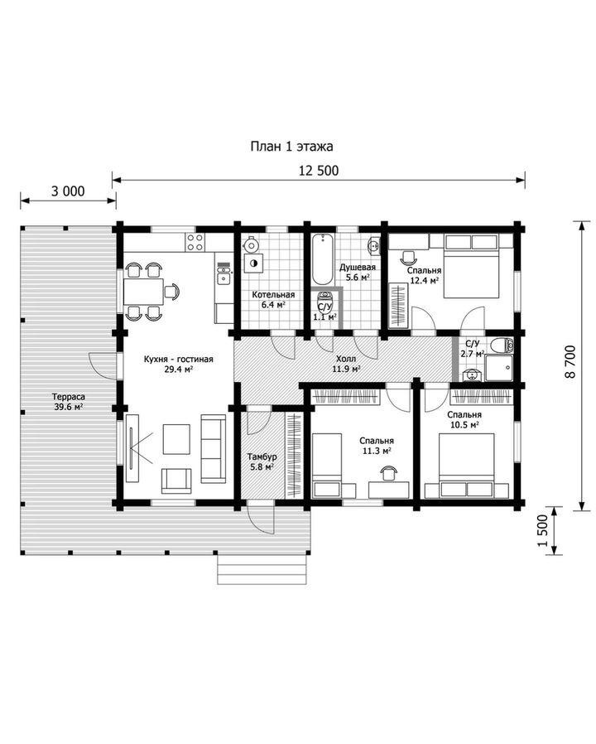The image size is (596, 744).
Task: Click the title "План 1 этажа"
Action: [x=291, y=146]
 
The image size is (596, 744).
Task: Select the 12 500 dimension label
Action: [x=319, y=171]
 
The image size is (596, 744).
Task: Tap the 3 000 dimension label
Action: [x=68, y=191]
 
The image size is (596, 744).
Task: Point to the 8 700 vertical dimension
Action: [x=570, y=361]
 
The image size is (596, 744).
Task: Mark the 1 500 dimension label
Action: [x=543, y=530]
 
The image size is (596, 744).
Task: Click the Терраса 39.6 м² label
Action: [x=70, y=401]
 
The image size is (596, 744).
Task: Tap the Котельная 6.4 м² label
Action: [x=273, y=299]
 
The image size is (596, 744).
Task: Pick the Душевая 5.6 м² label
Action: [x=358, y=273]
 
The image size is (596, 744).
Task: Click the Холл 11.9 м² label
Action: [x=346, y=364]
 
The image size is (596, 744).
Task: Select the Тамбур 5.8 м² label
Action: [x=262, y=461]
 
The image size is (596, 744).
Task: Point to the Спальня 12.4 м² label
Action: [x=425, y=275]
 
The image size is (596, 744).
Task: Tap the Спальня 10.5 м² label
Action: [x=464, y=419]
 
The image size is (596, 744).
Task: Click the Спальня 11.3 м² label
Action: [x=377, y=446]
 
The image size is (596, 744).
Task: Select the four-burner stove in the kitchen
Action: [x=195, y=242]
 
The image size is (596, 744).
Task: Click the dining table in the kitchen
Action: [x=144, y=292]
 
